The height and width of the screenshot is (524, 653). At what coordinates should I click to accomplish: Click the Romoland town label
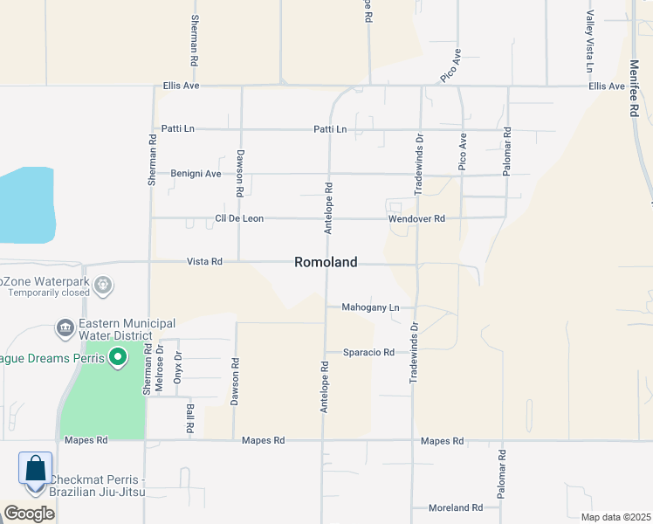326,262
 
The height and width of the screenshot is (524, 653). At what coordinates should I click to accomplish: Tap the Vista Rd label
205,261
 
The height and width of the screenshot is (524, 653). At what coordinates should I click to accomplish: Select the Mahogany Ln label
369,307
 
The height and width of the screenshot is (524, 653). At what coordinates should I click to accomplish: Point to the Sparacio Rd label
368,353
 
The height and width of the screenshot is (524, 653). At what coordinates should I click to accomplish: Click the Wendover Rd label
417,218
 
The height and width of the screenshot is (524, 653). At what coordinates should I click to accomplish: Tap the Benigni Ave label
196,173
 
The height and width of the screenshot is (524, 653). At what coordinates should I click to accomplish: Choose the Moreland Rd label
456,507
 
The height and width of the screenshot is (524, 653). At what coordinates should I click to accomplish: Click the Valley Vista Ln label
590,41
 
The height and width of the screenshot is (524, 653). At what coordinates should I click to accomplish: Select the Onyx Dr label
177,362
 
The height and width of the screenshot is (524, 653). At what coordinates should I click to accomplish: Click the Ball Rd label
189,418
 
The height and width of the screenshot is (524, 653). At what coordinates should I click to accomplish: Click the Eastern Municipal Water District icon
65,329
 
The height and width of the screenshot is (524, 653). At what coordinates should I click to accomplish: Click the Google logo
28,514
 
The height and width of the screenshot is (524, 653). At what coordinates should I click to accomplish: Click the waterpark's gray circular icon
104,284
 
